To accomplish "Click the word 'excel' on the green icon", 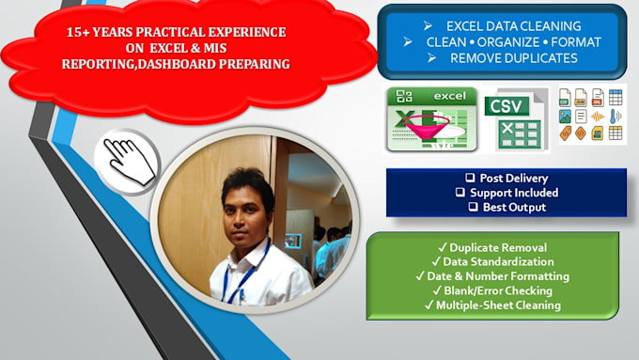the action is [x=449, y=96].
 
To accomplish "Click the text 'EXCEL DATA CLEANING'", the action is [x=513, y=26].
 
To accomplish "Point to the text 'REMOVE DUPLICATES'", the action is [x=513, y=58].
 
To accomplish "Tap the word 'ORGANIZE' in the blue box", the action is [x=508, y=42].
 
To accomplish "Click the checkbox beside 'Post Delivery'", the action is [x=470, y=178].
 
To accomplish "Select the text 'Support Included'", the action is [x=514, y=193].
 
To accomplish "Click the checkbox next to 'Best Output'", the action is [x=473, y=207].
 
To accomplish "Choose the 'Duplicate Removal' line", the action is [x=492, y=247].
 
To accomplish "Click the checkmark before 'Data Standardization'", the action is [x=436, y=261].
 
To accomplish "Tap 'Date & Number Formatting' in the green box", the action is [x=498, y=276].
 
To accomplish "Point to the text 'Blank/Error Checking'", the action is [x=498, y=290].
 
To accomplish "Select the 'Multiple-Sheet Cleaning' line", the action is [x=492, y=305].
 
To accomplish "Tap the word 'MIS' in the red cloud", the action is [x=215, y=48].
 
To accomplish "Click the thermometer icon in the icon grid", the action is [x=615, y=117].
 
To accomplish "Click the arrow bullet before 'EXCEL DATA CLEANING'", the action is [x=428, y=26].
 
